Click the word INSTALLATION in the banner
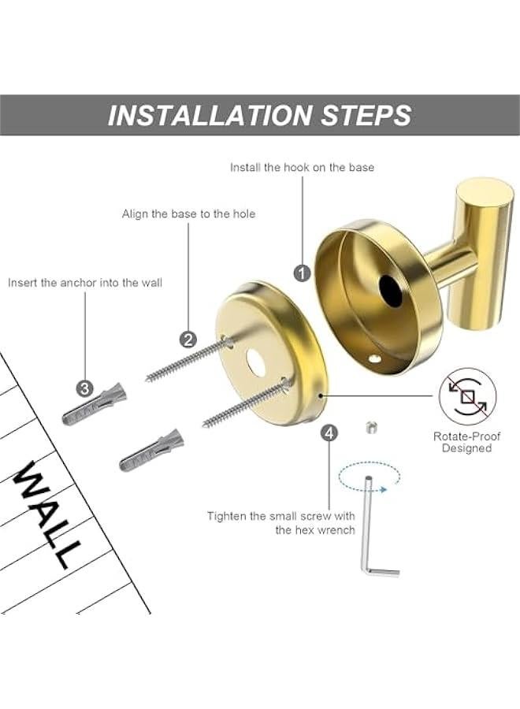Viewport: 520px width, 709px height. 210,115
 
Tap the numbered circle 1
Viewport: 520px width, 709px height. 302,273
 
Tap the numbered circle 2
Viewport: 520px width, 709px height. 188,340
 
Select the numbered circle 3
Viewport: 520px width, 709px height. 85,388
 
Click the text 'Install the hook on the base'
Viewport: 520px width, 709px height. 302,167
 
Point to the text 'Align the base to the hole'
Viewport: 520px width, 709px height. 188,213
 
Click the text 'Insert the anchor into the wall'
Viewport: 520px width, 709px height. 85,282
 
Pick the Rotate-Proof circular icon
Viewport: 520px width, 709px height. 468,395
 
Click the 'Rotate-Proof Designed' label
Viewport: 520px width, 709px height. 466,442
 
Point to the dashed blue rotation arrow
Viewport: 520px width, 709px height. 368,477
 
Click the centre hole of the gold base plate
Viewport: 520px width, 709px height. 255,362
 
